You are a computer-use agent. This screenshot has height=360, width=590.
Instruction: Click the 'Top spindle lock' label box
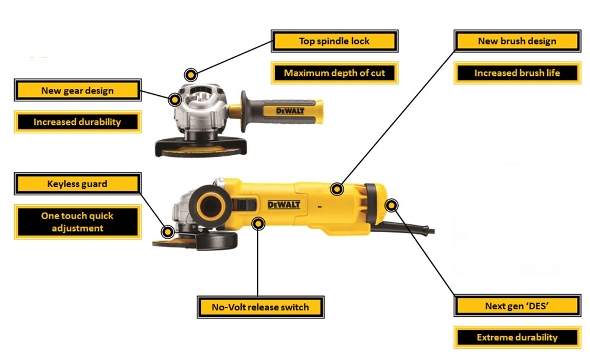click(x=335, y=41)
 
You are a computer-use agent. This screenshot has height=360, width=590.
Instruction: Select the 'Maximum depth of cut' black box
click(x=335, y=73)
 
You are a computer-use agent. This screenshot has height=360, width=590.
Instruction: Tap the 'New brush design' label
click(x=517, y=41)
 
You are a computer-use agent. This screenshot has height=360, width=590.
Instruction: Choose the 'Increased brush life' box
click(x=517, y=73)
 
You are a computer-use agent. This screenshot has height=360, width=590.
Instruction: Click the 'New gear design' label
click(x=78, y=90)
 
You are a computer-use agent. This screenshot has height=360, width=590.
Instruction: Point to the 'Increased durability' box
click(x=78, y=122)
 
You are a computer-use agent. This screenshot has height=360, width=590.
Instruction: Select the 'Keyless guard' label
click(x=78, y=184)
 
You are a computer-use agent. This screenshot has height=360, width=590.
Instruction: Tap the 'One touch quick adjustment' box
click(x=78, y=222)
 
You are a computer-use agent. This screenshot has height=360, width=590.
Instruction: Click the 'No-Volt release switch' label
click(x=261, y=307)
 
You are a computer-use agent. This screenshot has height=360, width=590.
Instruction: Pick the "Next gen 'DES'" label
click(x=517, y=306)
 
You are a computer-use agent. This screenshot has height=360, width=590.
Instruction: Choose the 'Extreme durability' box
click(x=517, y=337)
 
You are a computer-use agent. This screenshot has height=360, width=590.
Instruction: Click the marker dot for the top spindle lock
click(x=191, y=75)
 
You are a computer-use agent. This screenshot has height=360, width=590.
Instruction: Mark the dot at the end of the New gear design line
click(x=175, y=100)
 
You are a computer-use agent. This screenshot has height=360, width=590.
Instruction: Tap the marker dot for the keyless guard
click(x=168, y=232)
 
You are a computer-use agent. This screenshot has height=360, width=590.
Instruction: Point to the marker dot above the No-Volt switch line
click(x=258, y=224)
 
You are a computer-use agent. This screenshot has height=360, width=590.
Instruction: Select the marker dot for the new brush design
click(x=337, y=189)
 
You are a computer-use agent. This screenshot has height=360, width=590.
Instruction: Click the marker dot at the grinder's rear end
click(x=392, y=205)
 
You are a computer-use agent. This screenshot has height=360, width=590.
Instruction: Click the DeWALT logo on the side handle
click(x=290, y=111)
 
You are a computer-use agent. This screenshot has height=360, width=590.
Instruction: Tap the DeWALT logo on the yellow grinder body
click(x=284, y=205)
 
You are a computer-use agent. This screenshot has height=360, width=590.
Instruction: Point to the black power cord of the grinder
click(x=403, y=227)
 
